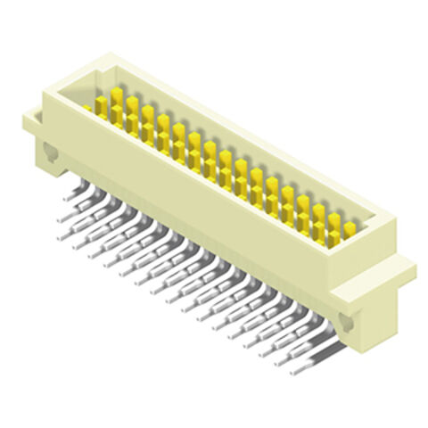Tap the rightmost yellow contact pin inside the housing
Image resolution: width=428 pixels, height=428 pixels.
pyautogui.click(x=350, y=229)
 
